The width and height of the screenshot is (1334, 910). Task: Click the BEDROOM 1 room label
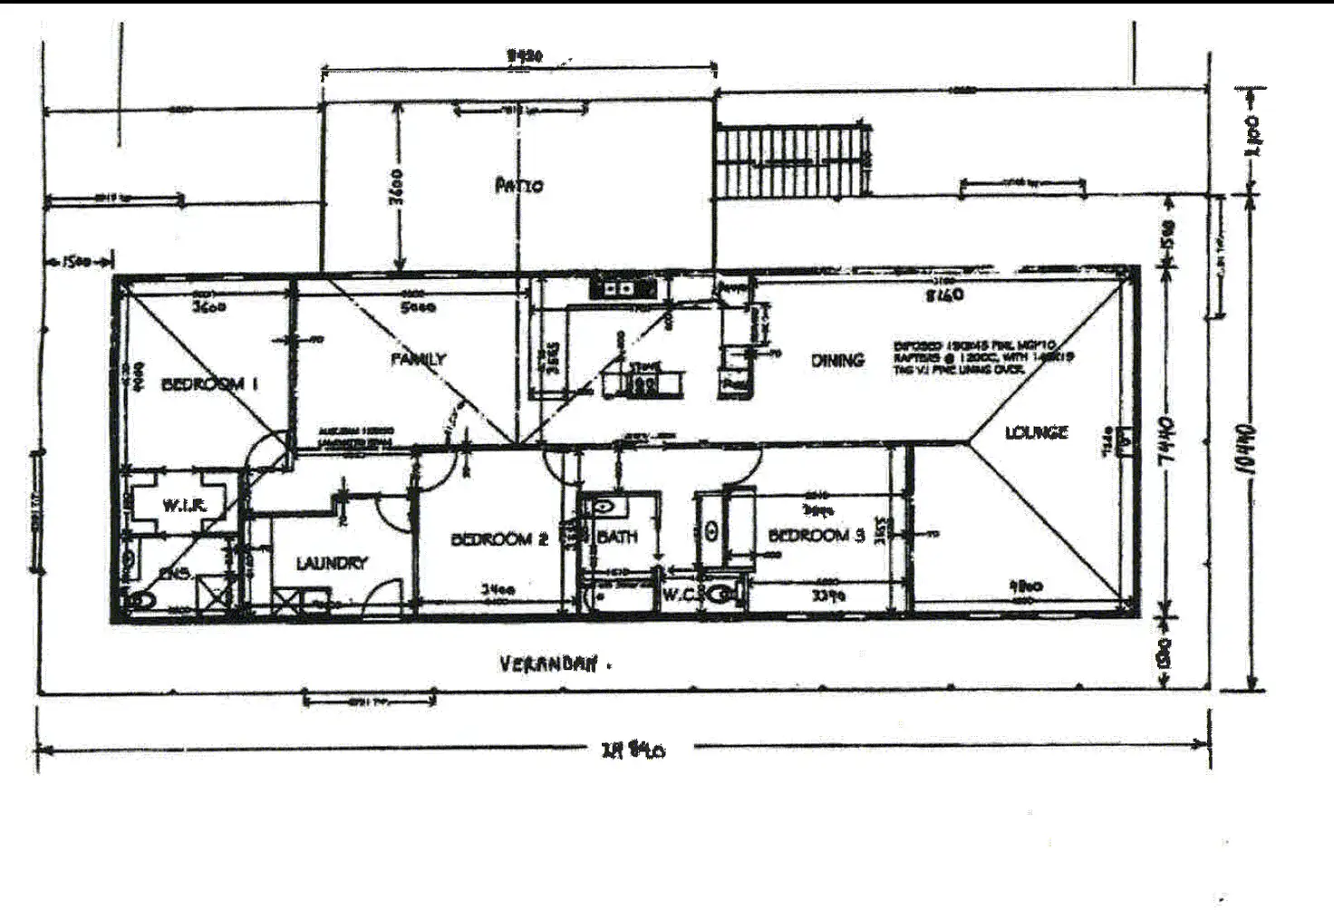pos(209,384)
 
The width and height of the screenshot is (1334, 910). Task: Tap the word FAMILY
pos(418,359)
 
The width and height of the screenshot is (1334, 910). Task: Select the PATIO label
pos(519,186)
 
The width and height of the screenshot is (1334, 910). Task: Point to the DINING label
pos(837,360)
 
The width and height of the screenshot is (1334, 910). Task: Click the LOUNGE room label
pos(1036,432)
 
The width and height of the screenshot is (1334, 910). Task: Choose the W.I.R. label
pos(185,505)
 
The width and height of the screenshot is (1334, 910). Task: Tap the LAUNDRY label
pos(332,563)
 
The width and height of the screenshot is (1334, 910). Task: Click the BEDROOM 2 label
pos(499,539)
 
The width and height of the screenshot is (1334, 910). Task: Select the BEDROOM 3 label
pos(816,535)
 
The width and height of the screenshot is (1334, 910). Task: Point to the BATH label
pos(617,537)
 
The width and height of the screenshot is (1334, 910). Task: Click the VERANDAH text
pos(549,664)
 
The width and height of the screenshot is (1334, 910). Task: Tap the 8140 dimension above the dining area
pos(944,295)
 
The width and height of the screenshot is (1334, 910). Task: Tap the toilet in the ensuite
pos(142,599)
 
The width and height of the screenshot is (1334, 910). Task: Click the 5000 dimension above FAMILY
pos(418,307)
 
